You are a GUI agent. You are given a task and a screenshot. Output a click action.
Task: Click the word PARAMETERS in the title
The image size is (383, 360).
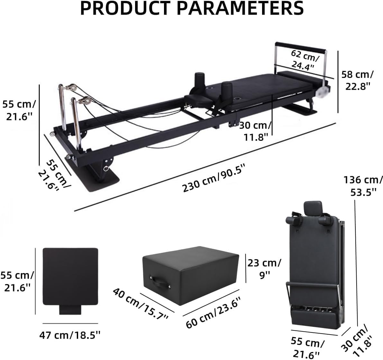[x=240, y=9]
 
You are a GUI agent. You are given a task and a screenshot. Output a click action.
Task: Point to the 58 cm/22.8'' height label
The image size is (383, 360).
[x=357, y=80]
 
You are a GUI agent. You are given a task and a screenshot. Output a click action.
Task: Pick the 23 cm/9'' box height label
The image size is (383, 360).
[x=264, y=269]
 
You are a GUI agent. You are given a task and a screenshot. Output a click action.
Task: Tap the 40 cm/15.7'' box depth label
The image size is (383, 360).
[x=141, y=304]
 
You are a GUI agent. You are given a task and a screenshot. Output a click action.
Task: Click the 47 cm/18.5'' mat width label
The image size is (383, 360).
[x=70, y=335]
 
